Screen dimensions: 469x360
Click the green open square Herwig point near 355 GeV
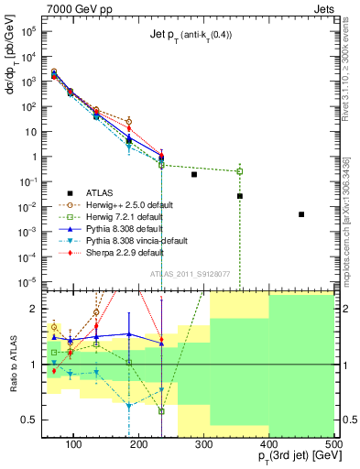pyautogui.click(x=240, y=171)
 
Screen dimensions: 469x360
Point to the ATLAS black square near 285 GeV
pyautogui.click(x=194, y=174)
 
